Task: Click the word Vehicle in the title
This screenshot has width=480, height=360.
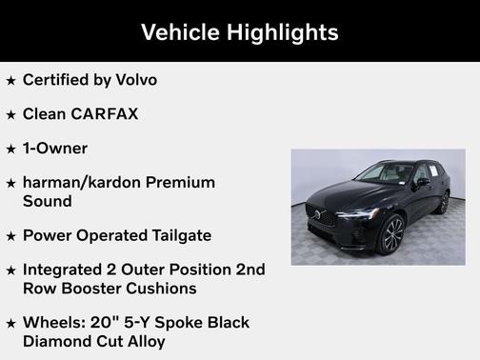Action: [181, 32]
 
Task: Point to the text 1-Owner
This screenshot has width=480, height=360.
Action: [55, 149]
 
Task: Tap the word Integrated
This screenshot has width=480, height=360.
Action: [68, 270]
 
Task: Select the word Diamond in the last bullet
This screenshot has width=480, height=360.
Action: [58, 341]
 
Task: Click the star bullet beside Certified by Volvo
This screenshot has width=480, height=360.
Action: [10, 81]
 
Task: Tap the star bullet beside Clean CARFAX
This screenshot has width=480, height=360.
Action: [10, 115]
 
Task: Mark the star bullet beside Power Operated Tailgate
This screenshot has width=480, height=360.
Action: [10, 236]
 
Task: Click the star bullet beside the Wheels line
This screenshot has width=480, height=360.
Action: [10, 324]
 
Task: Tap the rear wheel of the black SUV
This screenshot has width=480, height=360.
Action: [444, 202]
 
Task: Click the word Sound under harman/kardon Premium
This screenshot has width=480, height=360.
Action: [48, 201]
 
